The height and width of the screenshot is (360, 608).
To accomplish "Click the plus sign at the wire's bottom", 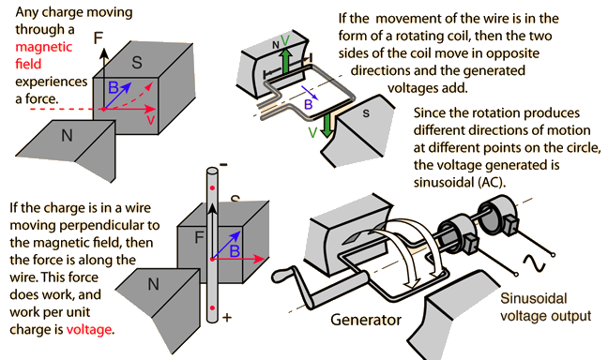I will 226,318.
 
